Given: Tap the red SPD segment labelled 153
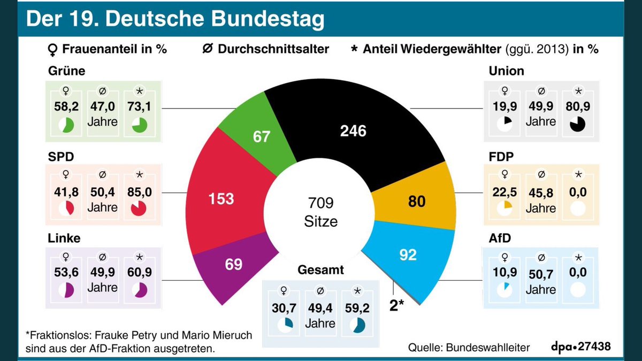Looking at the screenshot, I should tap(221, 198).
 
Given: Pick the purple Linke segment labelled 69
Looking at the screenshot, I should tap(233, 264).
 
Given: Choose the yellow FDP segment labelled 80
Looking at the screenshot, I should tap(417, 201).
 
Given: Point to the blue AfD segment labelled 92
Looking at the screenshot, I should tap(408, 255).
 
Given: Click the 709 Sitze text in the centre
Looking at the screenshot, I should tap(321, 212).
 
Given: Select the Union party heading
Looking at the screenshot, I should tap(506, 71).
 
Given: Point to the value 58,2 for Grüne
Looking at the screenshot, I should tap(66, 106).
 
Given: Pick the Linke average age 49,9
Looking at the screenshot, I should tap(103, 273).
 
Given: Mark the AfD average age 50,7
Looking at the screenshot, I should tap(540, 275).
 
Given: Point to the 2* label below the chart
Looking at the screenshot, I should tap(397, 306).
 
